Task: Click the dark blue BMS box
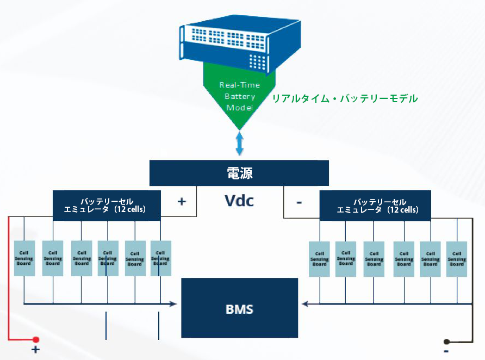click(239, 309)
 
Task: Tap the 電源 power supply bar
click(239, 173)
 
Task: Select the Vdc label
click(239, 201)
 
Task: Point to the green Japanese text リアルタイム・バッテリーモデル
click(345, 98)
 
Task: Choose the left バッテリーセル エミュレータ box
click(107, 205)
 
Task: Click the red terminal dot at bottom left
click(36, 339)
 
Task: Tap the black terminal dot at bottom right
click(446, 342)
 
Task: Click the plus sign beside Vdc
click(182, 201)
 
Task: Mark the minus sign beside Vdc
click(299, 202)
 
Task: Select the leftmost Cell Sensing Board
click(24, 258)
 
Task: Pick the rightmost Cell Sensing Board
click(457, 259)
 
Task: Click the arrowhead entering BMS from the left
click(175, 303)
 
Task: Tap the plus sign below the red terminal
click(36, 350)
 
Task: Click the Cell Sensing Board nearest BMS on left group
click(160, 258)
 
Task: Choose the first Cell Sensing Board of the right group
click(319, 259)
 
